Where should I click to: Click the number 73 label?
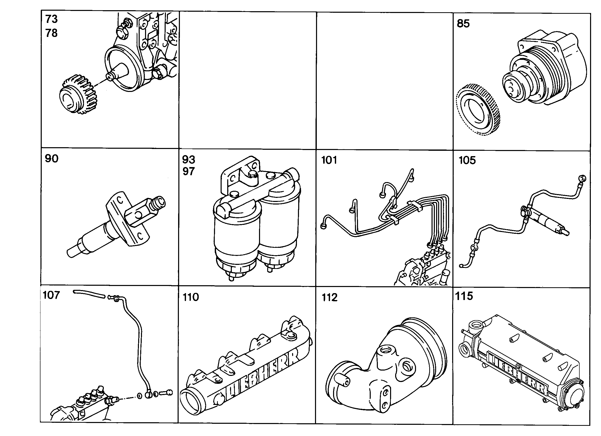point(51,19)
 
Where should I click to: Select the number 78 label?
point(51,33)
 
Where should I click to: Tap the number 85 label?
point(463,23)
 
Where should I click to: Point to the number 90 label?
point(51,158)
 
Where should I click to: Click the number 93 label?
point(189,159)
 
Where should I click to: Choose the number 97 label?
point(189,171)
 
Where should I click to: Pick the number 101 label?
point(329,160)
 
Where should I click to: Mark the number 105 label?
point(467,160)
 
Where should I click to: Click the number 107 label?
point(51,295)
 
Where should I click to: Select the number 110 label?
point(191,297)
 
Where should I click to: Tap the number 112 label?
point(330,297)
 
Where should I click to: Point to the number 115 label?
point(464,296)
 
